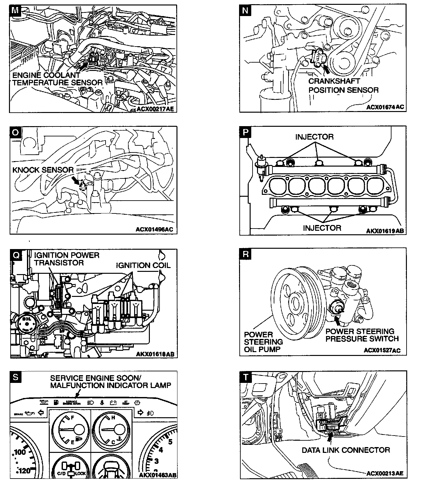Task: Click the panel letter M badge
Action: pyautogui.click(x=15, y=10)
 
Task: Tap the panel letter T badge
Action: pyautogui.click(x=245, y=377)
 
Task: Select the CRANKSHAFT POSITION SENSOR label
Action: pyautogui.click(x=343, y=86)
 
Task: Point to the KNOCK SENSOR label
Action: pyautogui.click(x=43, y=170)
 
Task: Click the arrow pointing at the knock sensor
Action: pyautogui.click(x=77, y=180)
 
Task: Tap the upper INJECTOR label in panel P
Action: pyautogui.click(x=314, y=137)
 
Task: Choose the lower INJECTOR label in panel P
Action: pyautogui.click(x=322, y=228)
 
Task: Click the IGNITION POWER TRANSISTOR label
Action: pyautogui.click(x=66, y=259)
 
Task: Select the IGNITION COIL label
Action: pyautogui.click(x=143, y=265)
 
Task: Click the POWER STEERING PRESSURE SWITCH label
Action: pyautogui.click(x=362, y=335)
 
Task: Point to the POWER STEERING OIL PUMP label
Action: pyautogui.click(x=263, y=342)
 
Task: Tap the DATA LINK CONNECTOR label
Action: pyautogui.click(x=346, y=450)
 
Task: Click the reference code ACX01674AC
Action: pyautogui.click(x=385, y=107)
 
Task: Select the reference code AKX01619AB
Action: pyautogui.click(x=385, y=231)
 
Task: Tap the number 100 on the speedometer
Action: pyautogui.click(x=20, y=452)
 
